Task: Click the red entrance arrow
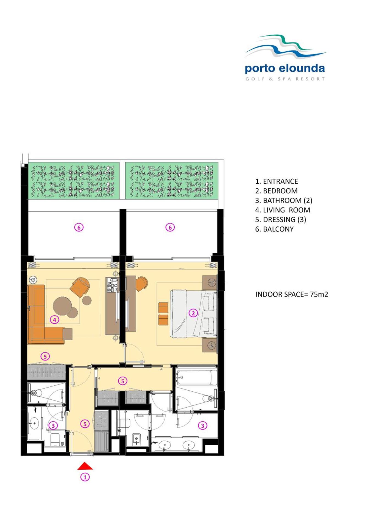pos(85,466)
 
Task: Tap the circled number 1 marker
pos(85,477)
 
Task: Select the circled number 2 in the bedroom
pos(193,313)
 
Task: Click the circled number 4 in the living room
pos(54,319)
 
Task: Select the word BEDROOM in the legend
pos(280,191)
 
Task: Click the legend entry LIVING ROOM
pos(286,210)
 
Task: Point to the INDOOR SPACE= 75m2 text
pos(292,294)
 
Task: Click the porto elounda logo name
pos(285,68)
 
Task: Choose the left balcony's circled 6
pos(79,227)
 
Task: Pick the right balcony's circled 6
pos(170,227)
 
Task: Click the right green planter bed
pos(172,180)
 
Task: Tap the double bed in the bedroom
pos(193,313)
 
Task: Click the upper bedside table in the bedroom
pos(210,282)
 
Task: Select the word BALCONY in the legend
pos(278,229)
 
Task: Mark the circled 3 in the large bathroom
pos(203,425)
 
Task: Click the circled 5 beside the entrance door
pos(85,424)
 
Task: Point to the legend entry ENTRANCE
pos(280,181)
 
